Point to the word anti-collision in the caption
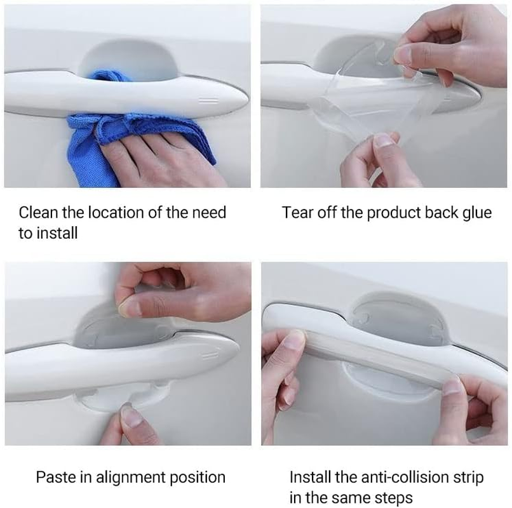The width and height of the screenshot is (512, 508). pos(393,476)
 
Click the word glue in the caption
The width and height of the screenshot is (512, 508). pos(476,212)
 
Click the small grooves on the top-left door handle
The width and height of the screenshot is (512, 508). pos(205,100)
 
